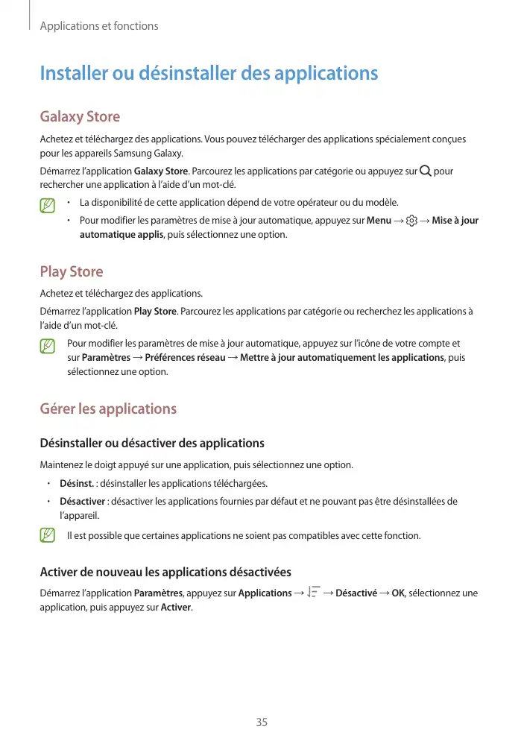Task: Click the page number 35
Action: click(x=262, y=722)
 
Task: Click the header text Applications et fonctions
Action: click(x=99, y=26)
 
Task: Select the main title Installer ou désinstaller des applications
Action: click(x=209, y=74)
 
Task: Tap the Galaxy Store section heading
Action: click(x=80, y=117)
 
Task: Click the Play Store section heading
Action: click(x=72, y=271)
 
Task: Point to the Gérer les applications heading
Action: click(x=108, y=409)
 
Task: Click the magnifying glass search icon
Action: click(x=425, y=171)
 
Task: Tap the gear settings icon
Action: click(x=412, y=221)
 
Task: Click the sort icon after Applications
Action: click(x=313, y=593)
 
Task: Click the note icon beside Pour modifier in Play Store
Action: click(x=48, y=346)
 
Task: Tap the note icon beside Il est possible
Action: click(x=48, y=535)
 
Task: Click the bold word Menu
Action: click(x=379, y=221)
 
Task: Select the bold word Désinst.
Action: click(x=77, y=483)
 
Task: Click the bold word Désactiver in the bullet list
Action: click(x=83, y=501)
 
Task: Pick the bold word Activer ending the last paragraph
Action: click(x=176, y=607)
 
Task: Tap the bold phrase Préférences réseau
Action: click(x=185, y=358)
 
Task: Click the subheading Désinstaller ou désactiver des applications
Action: click(x=152, y=444)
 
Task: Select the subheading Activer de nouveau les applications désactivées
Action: click(x=165, y=572)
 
